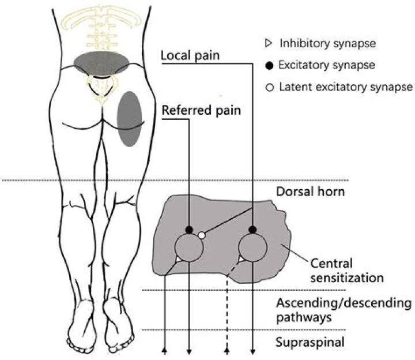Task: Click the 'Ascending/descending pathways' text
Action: click(343, 309)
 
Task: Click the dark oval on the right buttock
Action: click(129, 117)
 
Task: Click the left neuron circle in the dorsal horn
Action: click(189, 248)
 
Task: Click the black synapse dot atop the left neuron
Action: click(189, 230)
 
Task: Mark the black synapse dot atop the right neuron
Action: click(252, 230)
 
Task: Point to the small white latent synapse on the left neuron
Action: click(201, 235)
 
